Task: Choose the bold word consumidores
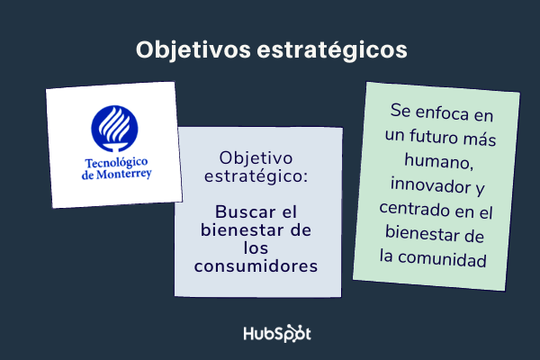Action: coord(257,266)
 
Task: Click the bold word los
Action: coord(257,249)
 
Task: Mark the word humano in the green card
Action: coord(438,163)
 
